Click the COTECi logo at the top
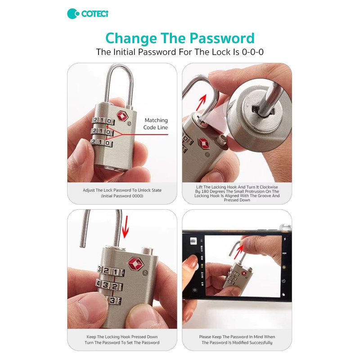[x=87, y=14]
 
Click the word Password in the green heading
[x=222, y=38]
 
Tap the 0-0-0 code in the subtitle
[x=252, y=52]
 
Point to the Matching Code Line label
[x=156, y=124]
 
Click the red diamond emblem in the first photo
[x=122, y=116]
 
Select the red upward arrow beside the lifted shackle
[x=201, y=103]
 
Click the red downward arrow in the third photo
[x=125, y=227]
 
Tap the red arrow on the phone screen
[x=239, y=252]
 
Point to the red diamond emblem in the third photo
[x=136, y=263]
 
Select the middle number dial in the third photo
[x=109, y=285]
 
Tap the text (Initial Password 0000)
[x=122, y=196]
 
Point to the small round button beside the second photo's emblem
[x=222, y=139]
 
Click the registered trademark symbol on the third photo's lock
[x=145, y=274]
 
